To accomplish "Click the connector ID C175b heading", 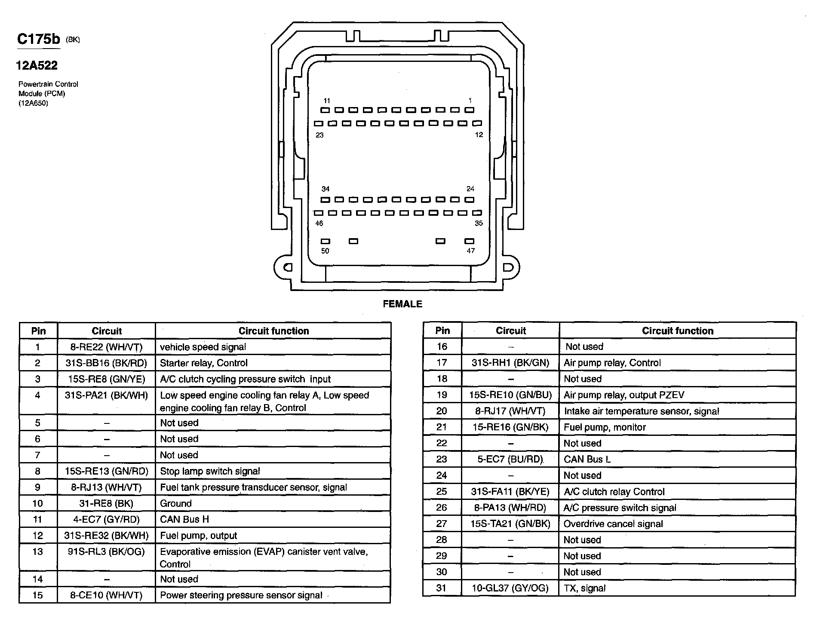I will tap(39, 39).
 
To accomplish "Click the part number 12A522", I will tap(37, 65).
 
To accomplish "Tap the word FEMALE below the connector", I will tap(402, 304).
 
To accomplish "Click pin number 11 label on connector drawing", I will tap(327, 101).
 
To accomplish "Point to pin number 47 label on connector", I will tap(471, 251).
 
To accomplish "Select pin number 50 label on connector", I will tap(325, 251).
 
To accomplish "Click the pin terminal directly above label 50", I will tap(326, 241).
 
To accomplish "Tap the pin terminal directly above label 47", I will tap(470, 241).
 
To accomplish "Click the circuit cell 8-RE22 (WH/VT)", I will tap(106, 347).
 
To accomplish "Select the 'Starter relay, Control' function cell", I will tap(203, 363).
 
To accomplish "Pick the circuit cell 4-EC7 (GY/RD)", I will tap(106, 519).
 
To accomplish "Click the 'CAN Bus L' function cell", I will tap(587, 459).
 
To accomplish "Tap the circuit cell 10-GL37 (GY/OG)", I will tap(510, 588).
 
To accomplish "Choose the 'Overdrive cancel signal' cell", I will tap(613, 524).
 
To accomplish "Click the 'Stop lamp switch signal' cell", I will tap(210, 471).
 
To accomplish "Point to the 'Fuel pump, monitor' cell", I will tap(605, 427).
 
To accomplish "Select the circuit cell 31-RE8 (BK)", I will tap(106, 503).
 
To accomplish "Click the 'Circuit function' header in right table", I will tap(677, 331).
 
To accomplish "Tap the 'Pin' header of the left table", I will tap(38, 331).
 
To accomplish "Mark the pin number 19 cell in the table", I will tap(442, 395).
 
